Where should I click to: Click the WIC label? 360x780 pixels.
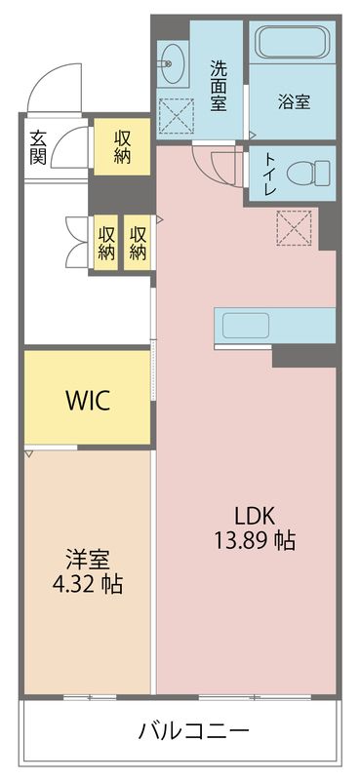pyautogui.click(x=88, y=400)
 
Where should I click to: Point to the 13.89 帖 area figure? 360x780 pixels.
pyautogui.click(x=255, y=539)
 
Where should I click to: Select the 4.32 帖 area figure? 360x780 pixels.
pyautogui.click(x=87, y=586)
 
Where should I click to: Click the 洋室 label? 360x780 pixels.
pyautogui.click(x=87, y=561)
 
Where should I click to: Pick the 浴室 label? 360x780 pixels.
pyautogui.click(x=293, y=99)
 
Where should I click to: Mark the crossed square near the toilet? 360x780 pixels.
pyautogui.click(x=294, y=228)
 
